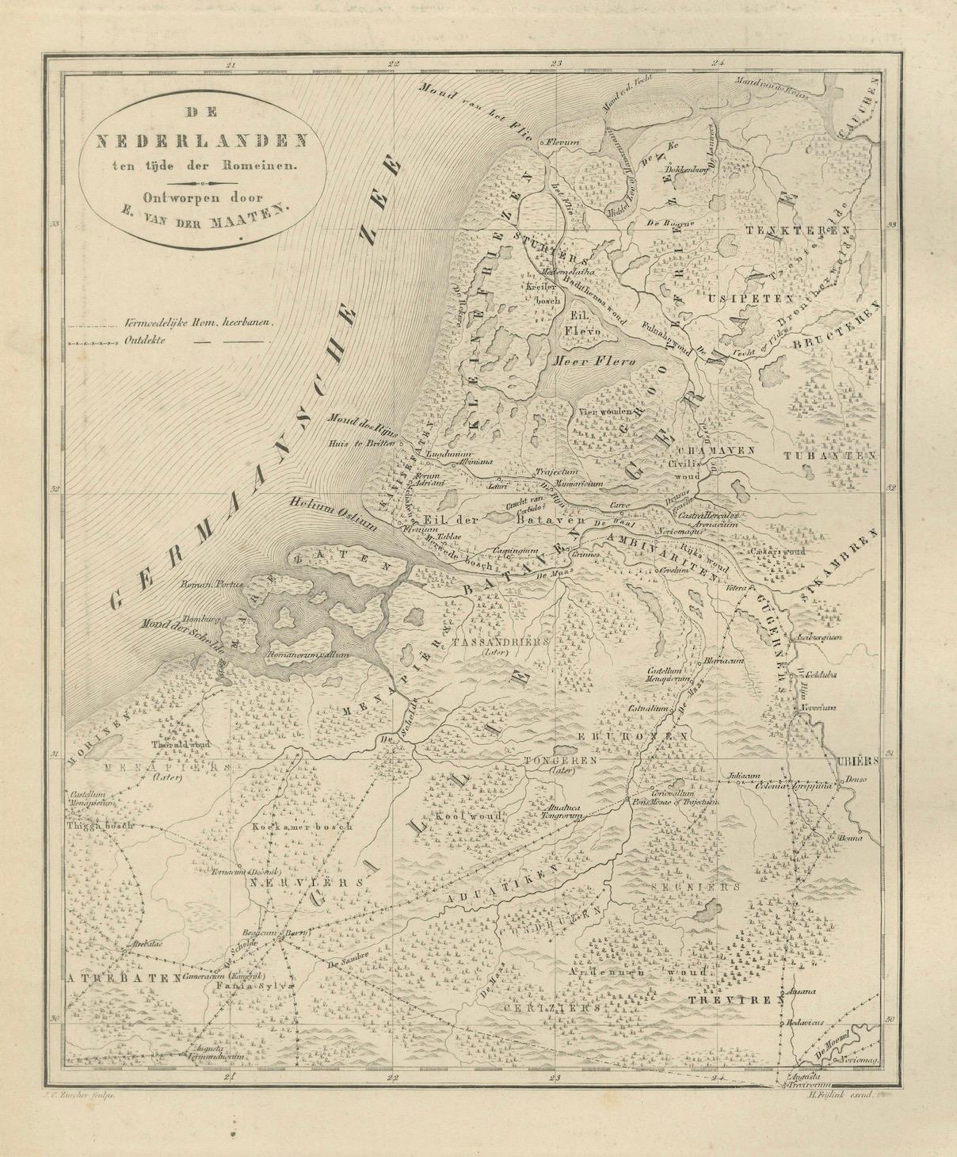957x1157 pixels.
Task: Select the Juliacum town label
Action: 736,776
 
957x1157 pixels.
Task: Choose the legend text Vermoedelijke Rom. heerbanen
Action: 198,323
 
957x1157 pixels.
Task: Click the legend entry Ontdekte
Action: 147,342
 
